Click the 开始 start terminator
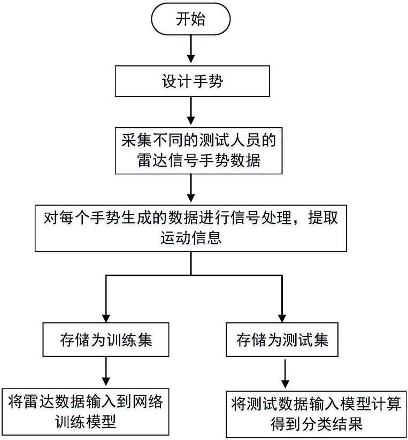[x=191, y=21]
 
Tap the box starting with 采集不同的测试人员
[x=191, y=150]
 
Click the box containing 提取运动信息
[x=191, y=227]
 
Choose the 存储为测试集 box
[x=282, y=339]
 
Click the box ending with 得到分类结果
[x=316, y=414]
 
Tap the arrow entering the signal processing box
[x=191, y=188]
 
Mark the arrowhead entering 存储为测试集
[x=282, y=318]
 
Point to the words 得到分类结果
[x=316, y=424]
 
